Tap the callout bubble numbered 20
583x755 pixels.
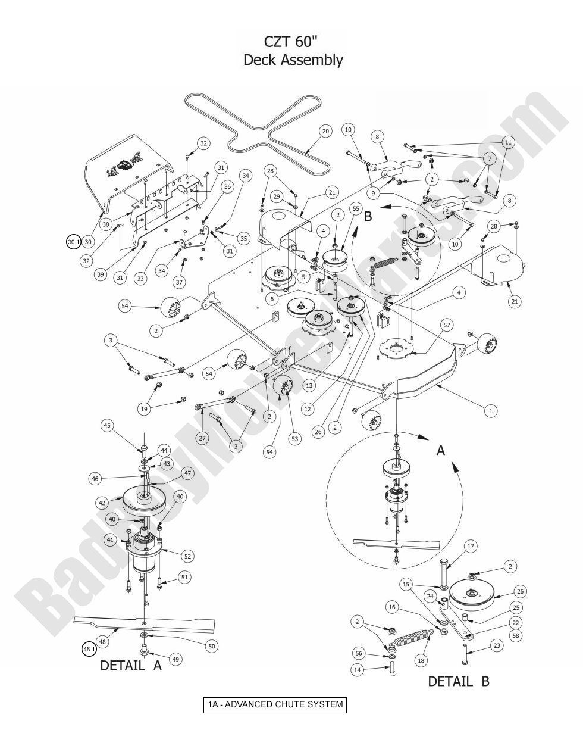coord(325,131)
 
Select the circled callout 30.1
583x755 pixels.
coord(73,242)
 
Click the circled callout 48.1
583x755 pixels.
coord(88,649)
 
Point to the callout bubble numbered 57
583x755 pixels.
coord(446,325)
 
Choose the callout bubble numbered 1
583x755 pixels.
coord(491,411)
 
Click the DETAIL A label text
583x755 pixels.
coord(131,666)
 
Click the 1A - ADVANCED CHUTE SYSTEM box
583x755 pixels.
coord(275,705)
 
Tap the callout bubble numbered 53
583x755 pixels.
coord(295,439)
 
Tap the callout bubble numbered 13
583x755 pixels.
coord(325,386)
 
